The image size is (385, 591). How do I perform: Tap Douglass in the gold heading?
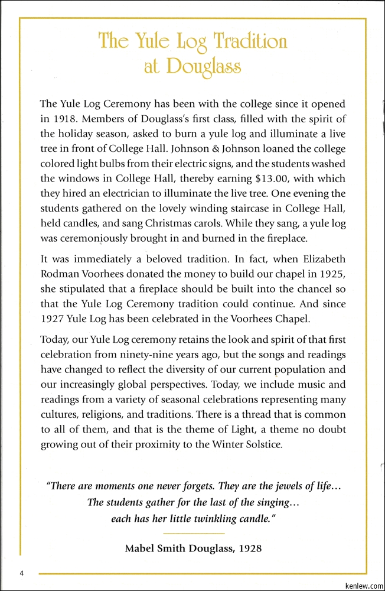(x=203, y=67)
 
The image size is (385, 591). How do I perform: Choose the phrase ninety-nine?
(x=158, y=355)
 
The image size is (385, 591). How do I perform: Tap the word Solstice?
(x=262, y=444)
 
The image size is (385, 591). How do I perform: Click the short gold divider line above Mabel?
(x=193, y=534)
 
